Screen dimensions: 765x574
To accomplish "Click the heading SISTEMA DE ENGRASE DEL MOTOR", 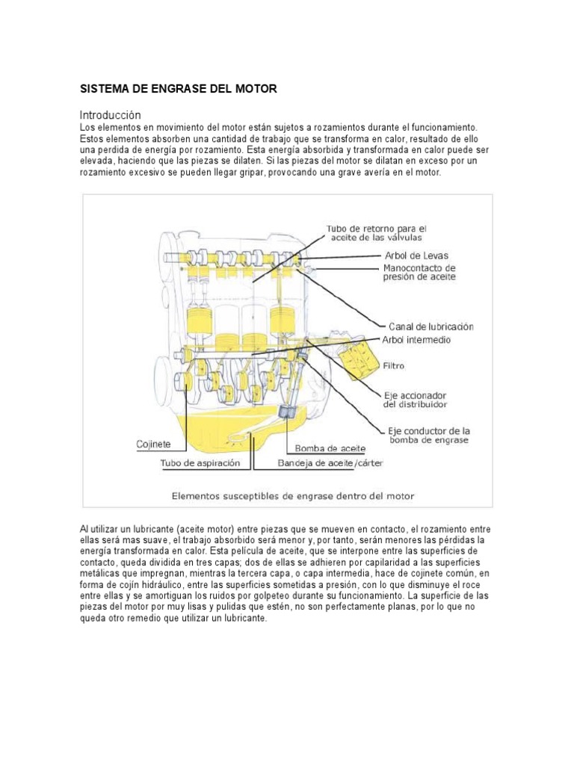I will pyautogui.click(x=179, y=89).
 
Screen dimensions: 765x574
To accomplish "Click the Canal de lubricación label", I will pyautogui.click(x=430, y=326).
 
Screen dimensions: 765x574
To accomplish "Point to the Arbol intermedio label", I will pyautogui.click(x=416, y=339).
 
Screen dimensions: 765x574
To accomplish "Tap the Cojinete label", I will pyautogui.click(x=153, y=444).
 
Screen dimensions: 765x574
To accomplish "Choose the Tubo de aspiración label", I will pyautogui.click(x=200, y=463).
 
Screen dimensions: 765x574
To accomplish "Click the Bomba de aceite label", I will pyautogui.click(x=330, y=448).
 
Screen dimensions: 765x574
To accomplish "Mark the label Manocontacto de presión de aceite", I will pyautogui.click(x=419, y=272).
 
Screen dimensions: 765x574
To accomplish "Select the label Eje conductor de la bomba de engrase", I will pyautogui.click(x=428, y=436).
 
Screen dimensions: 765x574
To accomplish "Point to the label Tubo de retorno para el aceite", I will pyautogui.click(x=376, y=232).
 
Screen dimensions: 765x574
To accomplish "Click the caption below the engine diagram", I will pyautogui.click(x=293, y=495).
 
